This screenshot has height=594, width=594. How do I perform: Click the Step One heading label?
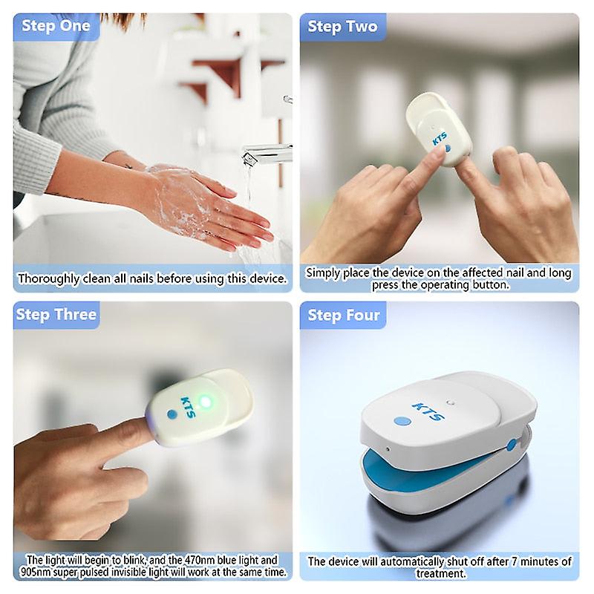[x=56, y=26]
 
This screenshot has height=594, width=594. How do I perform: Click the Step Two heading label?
[x=342, y=27]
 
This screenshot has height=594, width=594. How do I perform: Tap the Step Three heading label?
[x=56, y=315]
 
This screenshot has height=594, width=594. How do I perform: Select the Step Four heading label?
[x=344, y=316]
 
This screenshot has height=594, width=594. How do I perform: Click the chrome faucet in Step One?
[x=267, y=152]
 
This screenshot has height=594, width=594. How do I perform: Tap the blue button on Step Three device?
[x=172, y=414]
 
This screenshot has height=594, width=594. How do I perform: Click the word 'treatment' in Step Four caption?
[x=439, y=573]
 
